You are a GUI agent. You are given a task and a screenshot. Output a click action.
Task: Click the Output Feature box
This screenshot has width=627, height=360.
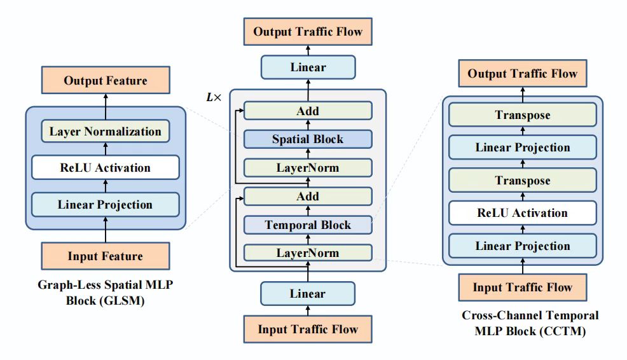[x=106, y=81]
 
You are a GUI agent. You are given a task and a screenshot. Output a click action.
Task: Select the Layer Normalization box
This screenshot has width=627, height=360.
[x=106, y=132]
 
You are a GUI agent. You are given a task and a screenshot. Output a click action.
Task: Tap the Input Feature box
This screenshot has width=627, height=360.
[x=106, y=256]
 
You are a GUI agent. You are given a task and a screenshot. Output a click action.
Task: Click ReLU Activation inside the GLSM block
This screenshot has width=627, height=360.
[x=106, y=168]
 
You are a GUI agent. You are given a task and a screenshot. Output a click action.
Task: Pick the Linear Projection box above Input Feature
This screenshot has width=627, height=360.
[x=106, y=205]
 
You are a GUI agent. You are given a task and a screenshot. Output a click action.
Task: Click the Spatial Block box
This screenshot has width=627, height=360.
[x=308, y=139]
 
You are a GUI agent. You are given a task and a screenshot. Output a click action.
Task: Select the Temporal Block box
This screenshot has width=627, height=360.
[x=308, y=225]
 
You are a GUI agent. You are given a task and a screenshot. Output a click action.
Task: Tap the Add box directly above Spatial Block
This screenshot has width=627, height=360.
[x=308, y=111]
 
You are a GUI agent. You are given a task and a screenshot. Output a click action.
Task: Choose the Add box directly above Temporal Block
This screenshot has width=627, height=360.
[x=308, y=197]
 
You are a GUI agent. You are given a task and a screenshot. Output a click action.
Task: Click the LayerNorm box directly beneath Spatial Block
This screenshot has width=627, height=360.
[x=308, y=168]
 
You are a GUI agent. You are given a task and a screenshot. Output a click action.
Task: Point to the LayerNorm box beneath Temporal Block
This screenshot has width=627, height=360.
[x=308, y=253]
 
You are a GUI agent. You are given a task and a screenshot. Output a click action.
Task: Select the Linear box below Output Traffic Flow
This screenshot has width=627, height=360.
[x=308, y=67]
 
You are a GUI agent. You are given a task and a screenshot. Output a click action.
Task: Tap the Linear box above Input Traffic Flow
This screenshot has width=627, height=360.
[x=308, y=294]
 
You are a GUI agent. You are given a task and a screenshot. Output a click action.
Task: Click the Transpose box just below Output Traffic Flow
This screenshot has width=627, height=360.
[x=523, y=115]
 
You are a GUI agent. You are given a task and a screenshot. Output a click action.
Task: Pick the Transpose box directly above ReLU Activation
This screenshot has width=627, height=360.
[x=523, y=181]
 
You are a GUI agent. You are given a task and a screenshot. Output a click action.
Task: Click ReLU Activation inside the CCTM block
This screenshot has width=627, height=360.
[x=523, y=213]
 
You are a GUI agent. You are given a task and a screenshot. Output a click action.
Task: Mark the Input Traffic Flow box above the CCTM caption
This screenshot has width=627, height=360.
[x=523, y=287]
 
